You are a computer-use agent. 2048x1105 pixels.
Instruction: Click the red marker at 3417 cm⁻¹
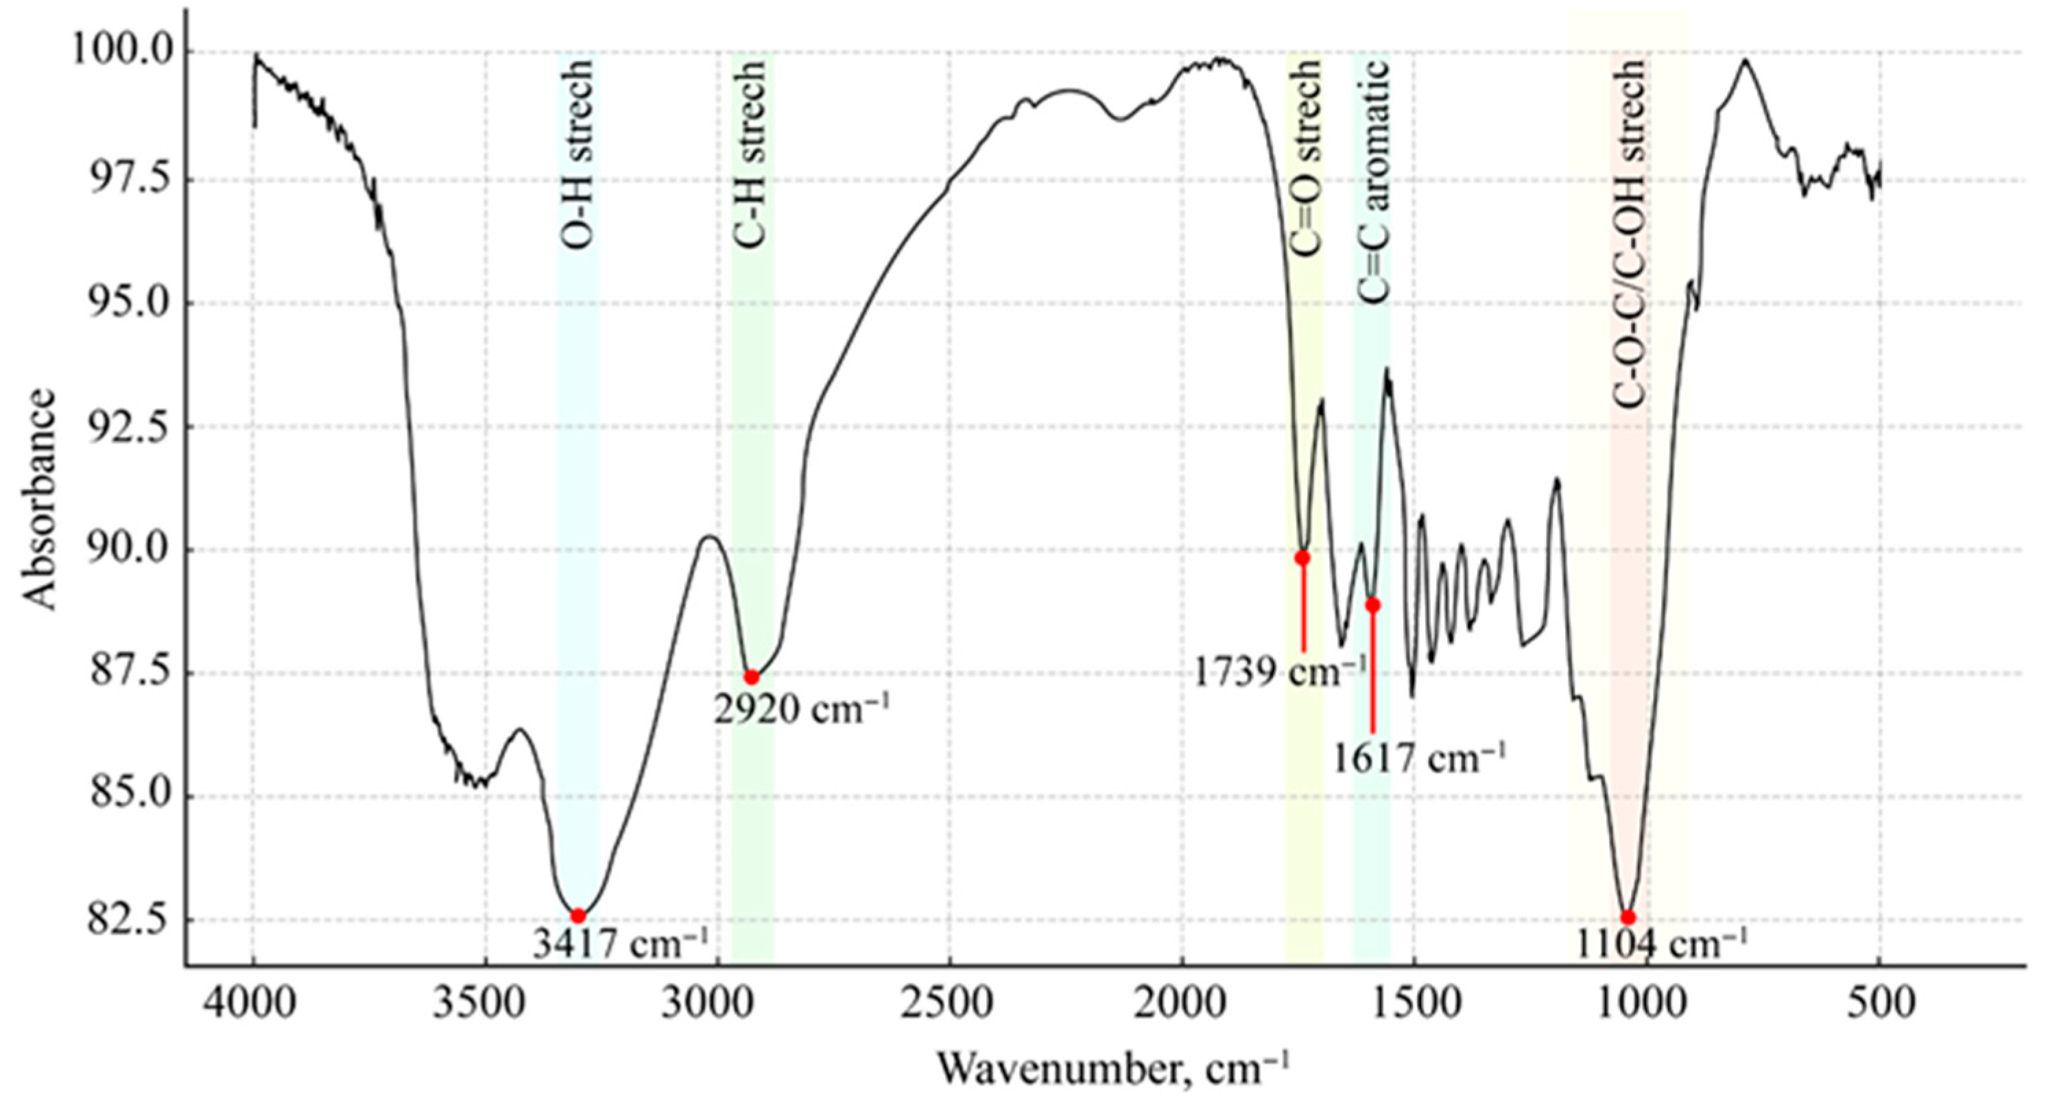(578, 916)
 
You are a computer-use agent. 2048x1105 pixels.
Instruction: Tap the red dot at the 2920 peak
(751, 677)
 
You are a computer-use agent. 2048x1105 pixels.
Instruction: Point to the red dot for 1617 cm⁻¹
(1373, 605)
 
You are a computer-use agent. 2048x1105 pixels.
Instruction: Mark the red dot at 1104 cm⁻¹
(1628, 917)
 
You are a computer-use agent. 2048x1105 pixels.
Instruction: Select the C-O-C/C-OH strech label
(1629, 235)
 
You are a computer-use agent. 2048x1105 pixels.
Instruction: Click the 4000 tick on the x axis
(253, 1004)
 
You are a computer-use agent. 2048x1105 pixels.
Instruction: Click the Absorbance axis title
(40, 499)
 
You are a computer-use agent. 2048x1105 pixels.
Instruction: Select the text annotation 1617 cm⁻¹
(1419, 758)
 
